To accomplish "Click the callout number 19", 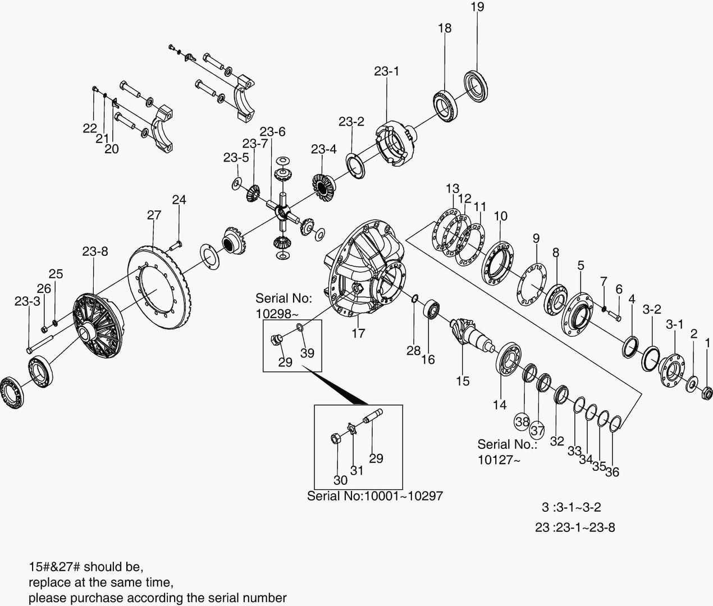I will click(x=477, y=7).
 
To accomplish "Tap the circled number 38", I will click(x=522, y=421).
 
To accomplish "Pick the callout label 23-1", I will click(x=386, y=72).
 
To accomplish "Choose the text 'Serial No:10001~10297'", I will click(x=374, y=496).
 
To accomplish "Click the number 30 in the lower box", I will click(x=340, y=480).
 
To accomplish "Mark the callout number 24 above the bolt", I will click(x=179, y=200).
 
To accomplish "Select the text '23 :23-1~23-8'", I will click(x=574, y=527).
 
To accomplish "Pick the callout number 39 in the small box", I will click(x=307, y=353).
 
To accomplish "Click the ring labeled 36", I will click(x=615, y=424).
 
